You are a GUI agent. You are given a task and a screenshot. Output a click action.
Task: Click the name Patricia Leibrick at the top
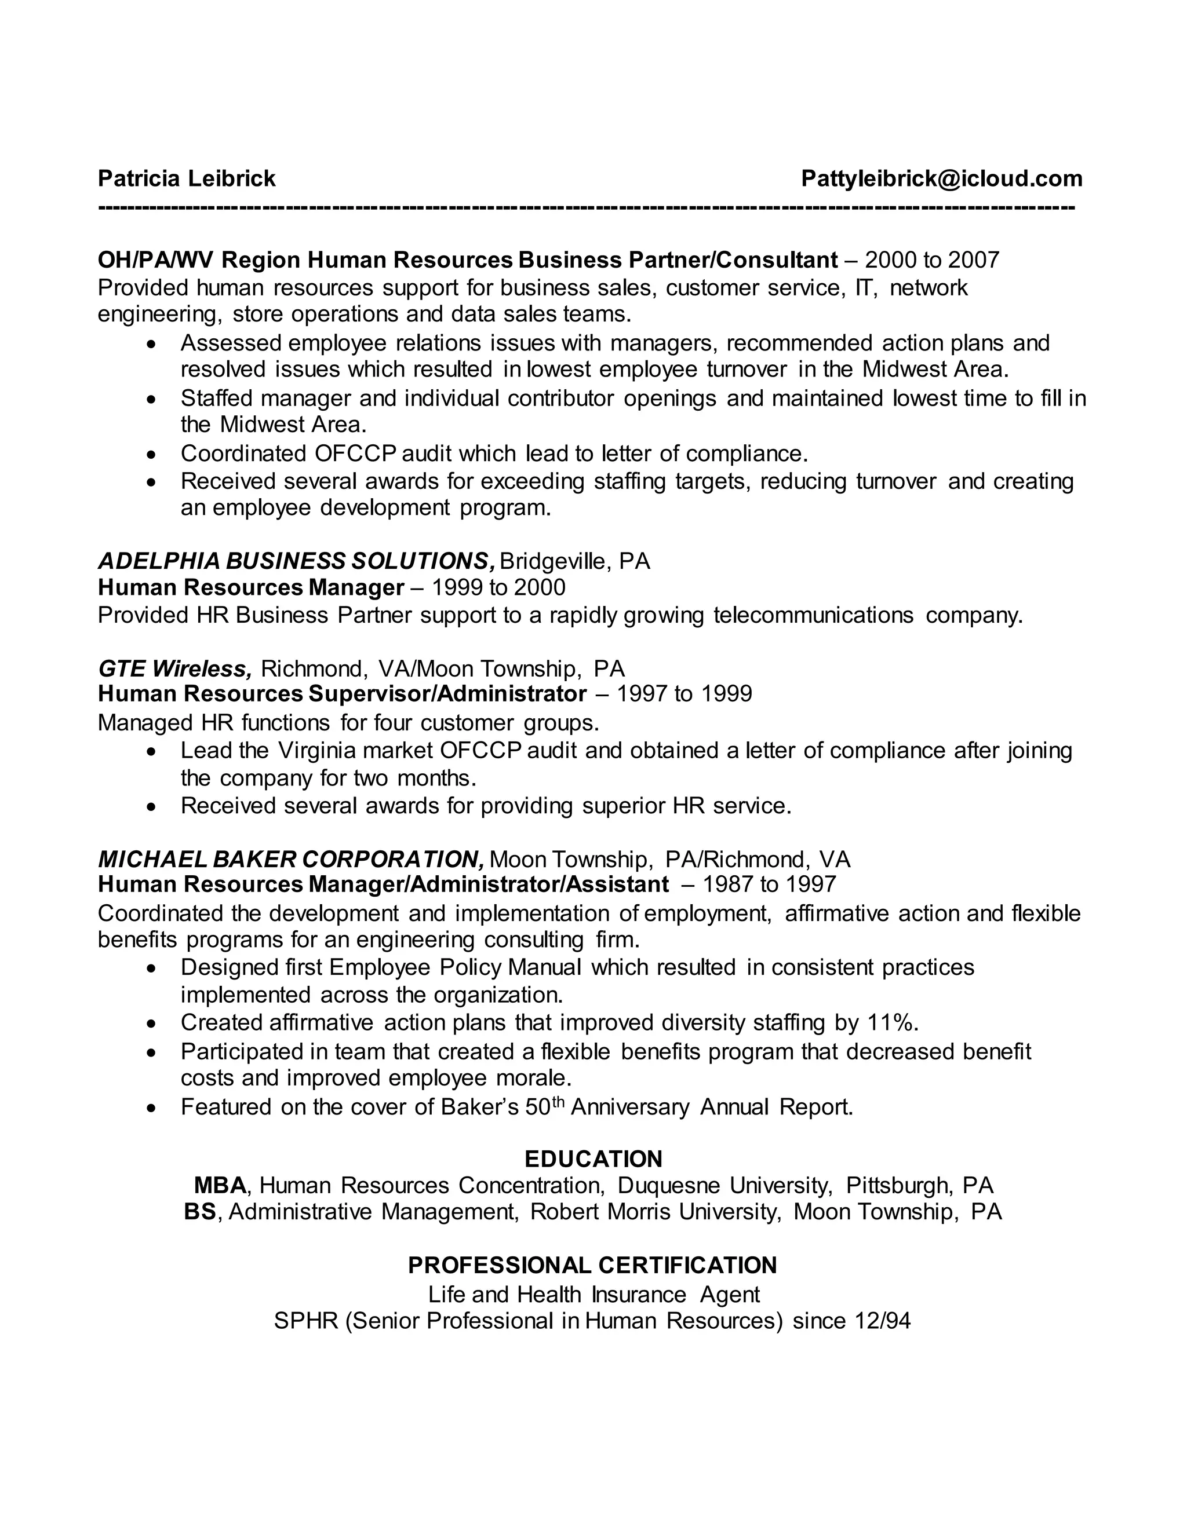coord(187,178)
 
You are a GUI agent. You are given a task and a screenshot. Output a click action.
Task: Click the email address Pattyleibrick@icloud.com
coord(942,178)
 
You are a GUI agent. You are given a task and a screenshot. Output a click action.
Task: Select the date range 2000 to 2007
coord(932,260)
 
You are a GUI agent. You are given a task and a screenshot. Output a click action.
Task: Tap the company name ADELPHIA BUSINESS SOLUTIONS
coord(296,561)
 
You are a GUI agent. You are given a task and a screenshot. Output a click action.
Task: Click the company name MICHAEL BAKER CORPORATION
coord(290,859)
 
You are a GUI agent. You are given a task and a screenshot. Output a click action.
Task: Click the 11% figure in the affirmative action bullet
coord(891,1022)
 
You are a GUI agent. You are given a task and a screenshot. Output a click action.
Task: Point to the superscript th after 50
coord(558,1101)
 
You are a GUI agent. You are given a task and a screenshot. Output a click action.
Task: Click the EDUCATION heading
coord(593,1159)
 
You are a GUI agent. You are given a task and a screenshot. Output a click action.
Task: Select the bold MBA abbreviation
coord(220,1186)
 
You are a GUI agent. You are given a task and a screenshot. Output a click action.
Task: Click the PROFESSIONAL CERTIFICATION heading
coord(593,1265)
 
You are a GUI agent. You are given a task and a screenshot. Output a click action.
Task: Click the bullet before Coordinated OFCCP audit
coord(151,455)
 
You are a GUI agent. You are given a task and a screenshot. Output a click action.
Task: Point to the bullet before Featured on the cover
coord(151,1108)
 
